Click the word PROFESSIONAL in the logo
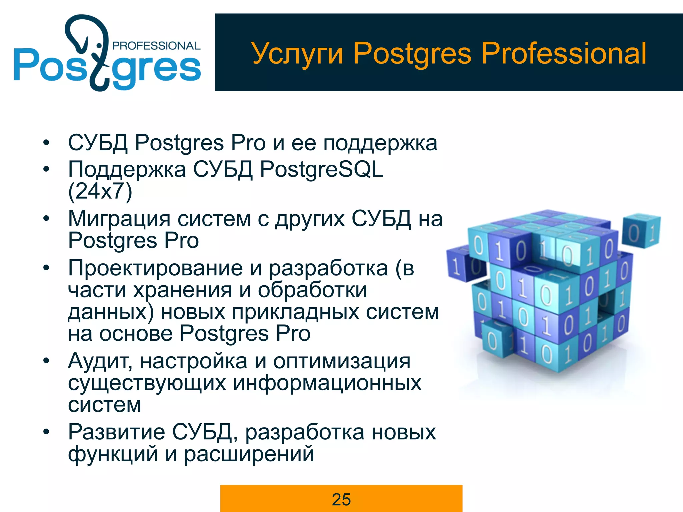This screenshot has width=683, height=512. (x=156, y=46)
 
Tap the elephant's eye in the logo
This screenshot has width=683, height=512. (x=99, y=45)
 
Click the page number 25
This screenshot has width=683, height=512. (x=341, y=499)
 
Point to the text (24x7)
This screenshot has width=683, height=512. (x=100, y=191)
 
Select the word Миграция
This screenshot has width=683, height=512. (x=120, y=219)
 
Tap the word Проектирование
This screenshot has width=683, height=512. (x=155, y=268)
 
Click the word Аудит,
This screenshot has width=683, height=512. (x=100, y=361)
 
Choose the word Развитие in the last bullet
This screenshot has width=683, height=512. (x=116, y=432)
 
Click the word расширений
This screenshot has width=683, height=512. (x=249, y=454)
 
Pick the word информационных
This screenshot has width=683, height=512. (x=327, y=383)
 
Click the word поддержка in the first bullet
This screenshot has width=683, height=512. (x=380, y=143)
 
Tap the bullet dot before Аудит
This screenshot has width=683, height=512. (x=46, y=361)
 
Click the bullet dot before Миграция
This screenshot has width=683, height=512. (x=46, y=219)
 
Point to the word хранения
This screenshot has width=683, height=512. (x=182, y=290)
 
